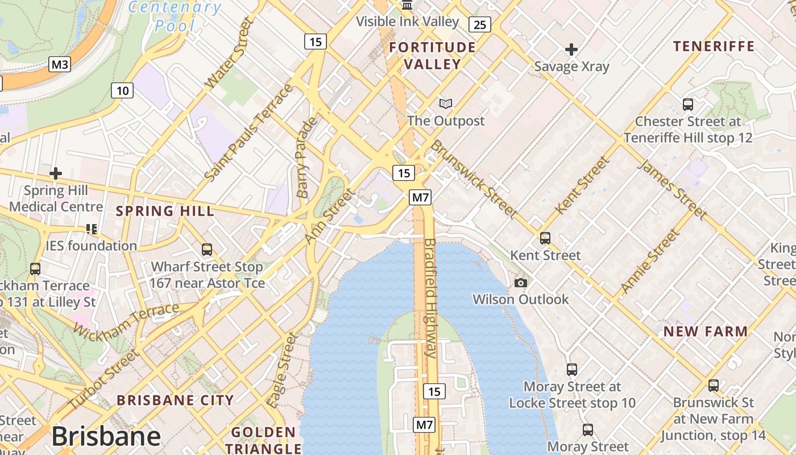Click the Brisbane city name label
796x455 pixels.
click(106, 436)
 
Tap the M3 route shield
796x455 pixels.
click(60, 64)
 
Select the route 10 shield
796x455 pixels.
click(122, 90)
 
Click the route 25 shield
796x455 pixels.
click(480, 24)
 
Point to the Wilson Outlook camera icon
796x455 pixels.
click(520, 283)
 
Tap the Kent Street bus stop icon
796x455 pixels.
click(545, 238)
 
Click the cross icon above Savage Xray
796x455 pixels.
click(571, 49)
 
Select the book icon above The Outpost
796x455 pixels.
click(446, 104)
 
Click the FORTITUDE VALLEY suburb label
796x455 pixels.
click(432, 55)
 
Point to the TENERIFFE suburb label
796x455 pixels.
click(714, 46)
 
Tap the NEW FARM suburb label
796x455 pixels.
click(706, 331)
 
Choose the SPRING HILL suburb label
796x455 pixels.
click(165, 211)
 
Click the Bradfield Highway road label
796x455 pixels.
click(430, 298)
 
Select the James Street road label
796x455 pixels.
click(671, 190)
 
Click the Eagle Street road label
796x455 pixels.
click(283, 370)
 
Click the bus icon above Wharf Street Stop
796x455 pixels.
click(207, 250)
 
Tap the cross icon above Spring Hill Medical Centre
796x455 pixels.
click(56, 173)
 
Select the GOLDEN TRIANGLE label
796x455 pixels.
click(263, 440)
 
